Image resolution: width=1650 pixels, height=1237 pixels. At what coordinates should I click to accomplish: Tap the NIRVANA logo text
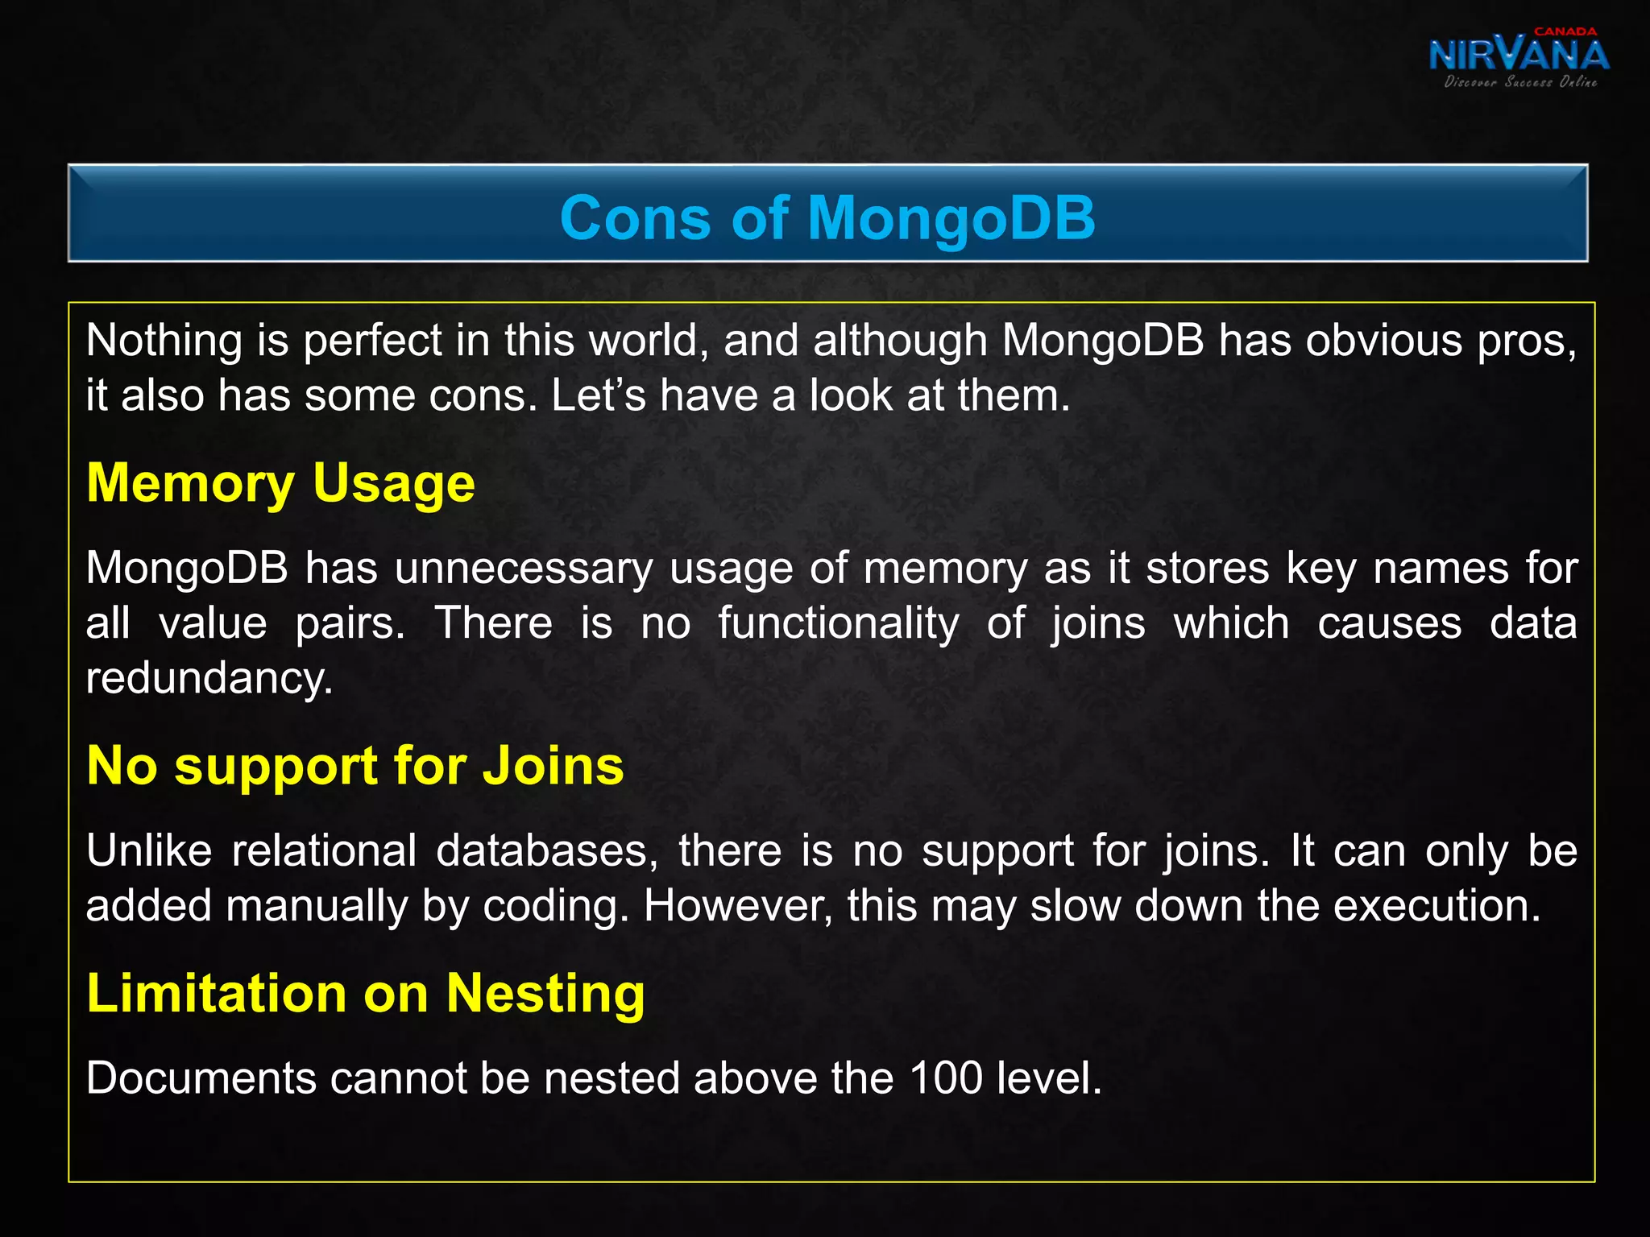pyautogui.click(x=1519, y=55)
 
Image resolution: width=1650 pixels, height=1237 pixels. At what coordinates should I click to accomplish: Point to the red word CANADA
pyautogui.click(x=1565, y=31)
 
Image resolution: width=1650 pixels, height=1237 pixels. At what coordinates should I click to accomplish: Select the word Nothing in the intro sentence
pyautogui.click(x=164, y=341)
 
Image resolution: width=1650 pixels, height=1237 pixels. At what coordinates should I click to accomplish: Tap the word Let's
pyautogui.click(x=599, y=395)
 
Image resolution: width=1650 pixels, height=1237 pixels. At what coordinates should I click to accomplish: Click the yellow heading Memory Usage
pyautogui.click(x=280, y=483)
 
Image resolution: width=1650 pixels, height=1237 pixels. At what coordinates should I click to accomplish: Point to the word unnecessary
pyautogui.click(x=524, y=569)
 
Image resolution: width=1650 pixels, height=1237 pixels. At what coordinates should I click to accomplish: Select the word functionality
pyautogui.click(x=839, y=623)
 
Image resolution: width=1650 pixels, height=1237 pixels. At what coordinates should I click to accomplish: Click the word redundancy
pyautogui.click(x=209, y=678)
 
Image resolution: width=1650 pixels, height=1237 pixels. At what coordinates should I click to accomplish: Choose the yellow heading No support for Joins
pyautogui.click(x=355, y=765)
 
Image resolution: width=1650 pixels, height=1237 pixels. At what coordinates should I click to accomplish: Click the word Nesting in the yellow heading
pyautogui.click(x=545, y=993)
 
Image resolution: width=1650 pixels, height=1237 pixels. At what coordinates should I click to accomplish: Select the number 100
pyautogui.click(x=946, y=1078)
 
